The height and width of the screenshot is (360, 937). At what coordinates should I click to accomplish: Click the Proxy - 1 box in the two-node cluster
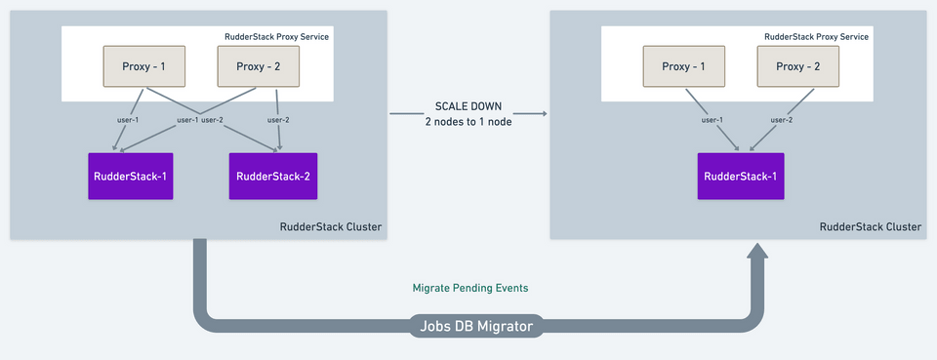pyautogui.click(x=144, y=66)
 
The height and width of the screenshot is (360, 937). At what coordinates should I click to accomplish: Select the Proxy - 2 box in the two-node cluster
pyautogui.click(x=258, y=66)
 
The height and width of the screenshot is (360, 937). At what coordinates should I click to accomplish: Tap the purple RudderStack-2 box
pyautogui.click(x=273, y=177)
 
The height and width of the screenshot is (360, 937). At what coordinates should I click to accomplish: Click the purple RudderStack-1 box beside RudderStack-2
pyautogui.click(x=131, y=177)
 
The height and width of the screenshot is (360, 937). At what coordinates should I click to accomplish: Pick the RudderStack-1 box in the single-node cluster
pyautogui.click(x=741, y=177)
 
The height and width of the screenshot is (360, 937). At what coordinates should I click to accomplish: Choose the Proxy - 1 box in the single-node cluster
pyautogui.click(x=683, y=66)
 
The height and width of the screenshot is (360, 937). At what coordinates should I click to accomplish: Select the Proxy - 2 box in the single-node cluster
pyautogui.click(x=797, y=66)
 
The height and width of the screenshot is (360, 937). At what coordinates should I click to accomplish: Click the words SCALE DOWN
pyautogui.click(x=468, y=106)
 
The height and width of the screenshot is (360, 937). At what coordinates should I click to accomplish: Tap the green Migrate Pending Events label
pyautogui.click(x=470, y=288)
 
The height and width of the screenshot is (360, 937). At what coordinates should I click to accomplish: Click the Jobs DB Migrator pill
pyautogui.click(x=476, y=326)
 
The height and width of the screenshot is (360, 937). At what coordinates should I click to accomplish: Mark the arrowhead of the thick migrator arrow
pyautogui.click(x=757, y=251)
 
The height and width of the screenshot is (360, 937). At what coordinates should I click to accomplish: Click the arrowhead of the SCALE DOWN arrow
pyautogui.click(x=545, y=113)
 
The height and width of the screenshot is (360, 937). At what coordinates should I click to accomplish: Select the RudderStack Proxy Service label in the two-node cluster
pyautogui.click(x=276, y=36)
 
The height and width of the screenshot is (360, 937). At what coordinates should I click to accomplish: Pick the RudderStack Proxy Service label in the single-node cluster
pyautogui.click(x=816, y=36)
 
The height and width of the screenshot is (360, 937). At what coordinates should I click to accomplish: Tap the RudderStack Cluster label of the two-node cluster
pyautogui.click(x=331, y=227)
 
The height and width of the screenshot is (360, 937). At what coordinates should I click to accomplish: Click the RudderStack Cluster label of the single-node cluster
pyautogui.click(x=871, y=227)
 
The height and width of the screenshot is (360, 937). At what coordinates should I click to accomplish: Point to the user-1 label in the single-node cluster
pyautogui.click(x=712, y=120)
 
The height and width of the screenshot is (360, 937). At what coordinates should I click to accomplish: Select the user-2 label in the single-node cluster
pyautogui.click(x=781, y=120)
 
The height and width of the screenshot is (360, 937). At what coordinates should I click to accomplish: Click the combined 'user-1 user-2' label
pyautogui.click(x=199, y=120)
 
